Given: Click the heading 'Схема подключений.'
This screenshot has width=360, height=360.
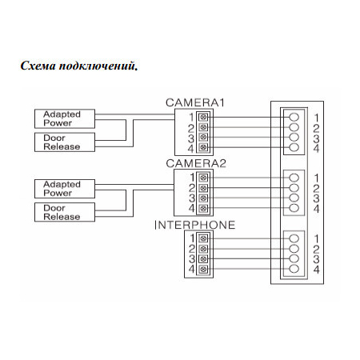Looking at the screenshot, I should tap(79, 66).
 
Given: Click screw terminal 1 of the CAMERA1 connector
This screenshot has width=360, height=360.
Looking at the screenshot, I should tap(204, 117).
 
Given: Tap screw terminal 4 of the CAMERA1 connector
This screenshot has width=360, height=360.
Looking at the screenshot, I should tap(204, 147).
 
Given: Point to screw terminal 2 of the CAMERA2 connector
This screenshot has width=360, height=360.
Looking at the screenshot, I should tap(204, 188).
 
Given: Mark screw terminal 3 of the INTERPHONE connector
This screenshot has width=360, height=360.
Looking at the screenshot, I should tap(204, 259).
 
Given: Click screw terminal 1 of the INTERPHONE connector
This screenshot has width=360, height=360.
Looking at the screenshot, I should tap(204, 238).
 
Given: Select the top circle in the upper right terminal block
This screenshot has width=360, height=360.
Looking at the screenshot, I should tap(294, 117).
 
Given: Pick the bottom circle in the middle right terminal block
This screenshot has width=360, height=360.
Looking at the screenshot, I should tap(294, 208).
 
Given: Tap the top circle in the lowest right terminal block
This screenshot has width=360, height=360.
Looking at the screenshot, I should tap(294, 238).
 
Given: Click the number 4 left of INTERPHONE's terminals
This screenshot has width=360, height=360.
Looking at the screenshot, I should tap(191, 270).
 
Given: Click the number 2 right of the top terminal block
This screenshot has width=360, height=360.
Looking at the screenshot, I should tap(317, 127).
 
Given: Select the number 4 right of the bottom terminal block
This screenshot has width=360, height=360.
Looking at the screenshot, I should tap(317, 270).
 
